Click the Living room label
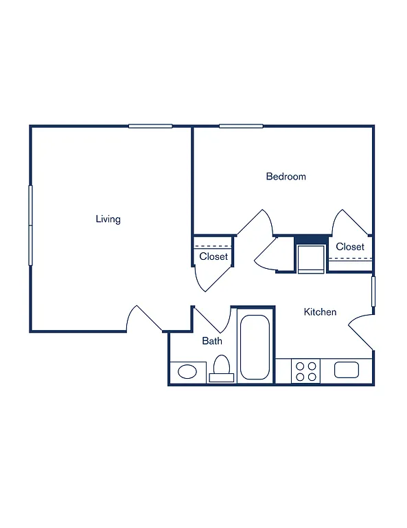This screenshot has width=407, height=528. [x=108, y=219]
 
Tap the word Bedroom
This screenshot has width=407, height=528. [x=286, y=177]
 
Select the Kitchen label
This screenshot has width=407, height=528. [x=320, y=312]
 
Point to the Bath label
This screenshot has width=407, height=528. [x=211, y=341]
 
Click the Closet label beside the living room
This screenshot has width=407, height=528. [x=213, y=256]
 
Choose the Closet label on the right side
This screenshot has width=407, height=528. [x=350, y=247]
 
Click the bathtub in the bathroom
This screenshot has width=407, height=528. [x=255, y=347]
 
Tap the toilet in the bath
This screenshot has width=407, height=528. [x=221, y=368]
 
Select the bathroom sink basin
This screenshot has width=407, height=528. [x=187, y=372]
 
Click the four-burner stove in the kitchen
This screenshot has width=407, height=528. [x=306, y=371]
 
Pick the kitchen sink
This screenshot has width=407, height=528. [x=347, y=370]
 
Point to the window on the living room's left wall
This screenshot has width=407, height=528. [x=30, y=225]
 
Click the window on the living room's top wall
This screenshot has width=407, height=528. [x=150, y=126]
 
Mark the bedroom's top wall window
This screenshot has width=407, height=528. [x=241, y=126]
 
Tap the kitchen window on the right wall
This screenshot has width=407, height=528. [x=373, y=291]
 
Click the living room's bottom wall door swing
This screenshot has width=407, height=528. [x=143, y=318]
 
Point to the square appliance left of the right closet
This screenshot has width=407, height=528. [x=310, y=258]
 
